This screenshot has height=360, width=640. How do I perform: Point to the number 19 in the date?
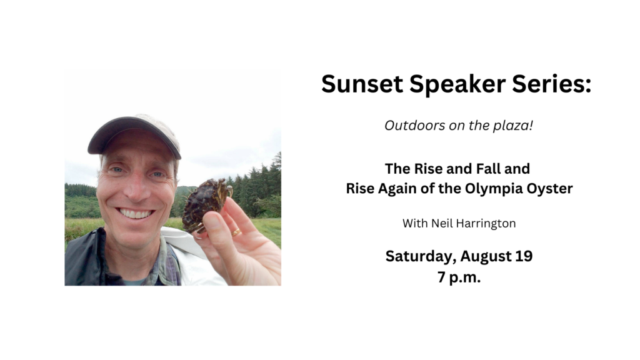[x=524, y=256]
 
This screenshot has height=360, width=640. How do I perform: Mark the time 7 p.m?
[x=459, y=277]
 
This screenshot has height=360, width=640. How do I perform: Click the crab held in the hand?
[x=204, y=204]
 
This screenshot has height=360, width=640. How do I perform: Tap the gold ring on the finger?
[x=236, y=232]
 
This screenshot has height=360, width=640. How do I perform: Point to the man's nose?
[x=137, y=187]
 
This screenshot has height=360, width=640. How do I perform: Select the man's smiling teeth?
[x=135, y=214]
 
